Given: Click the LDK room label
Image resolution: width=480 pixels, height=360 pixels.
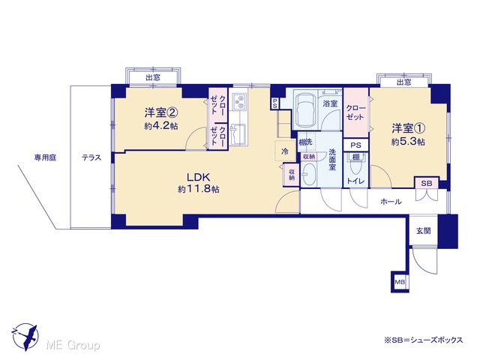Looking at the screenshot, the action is (198, 178).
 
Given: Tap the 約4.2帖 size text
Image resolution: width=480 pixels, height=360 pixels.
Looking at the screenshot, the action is (161, 126).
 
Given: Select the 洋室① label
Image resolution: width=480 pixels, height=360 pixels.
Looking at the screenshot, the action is (408, 128).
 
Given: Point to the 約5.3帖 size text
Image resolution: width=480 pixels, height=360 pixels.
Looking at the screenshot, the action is (408, 142).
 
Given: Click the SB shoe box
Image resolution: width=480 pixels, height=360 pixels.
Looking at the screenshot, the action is (427, 183).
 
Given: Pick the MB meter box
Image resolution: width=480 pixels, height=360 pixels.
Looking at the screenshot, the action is (400, 282).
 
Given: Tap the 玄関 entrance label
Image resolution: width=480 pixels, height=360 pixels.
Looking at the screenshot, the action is (423, 231).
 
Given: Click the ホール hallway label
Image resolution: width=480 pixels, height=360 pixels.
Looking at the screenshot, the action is (391, 202).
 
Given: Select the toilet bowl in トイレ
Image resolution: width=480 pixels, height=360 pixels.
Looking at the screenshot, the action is (355, 166).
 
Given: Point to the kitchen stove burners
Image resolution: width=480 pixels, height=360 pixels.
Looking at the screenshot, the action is (239, 102).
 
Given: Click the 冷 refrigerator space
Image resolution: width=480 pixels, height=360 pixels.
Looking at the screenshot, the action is (285, 151).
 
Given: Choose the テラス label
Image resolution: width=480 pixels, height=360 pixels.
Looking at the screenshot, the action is (91, 158).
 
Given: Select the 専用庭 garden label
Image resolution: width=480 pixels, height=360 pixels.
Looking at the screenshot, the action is (45, 158).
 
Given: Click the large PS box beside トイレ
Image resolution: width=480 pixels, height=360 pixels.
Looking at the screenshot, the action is (355, 145).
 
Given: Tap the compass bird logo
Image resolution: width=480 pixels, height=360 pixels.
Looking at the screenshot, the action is (25, 337).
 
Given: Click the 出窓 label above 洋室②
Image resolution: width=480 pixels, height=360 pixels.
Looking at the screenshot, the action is (153, 78).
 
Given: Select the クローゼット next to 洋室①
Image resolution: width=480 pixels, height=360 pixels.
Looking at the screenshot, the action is (355, 112).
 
